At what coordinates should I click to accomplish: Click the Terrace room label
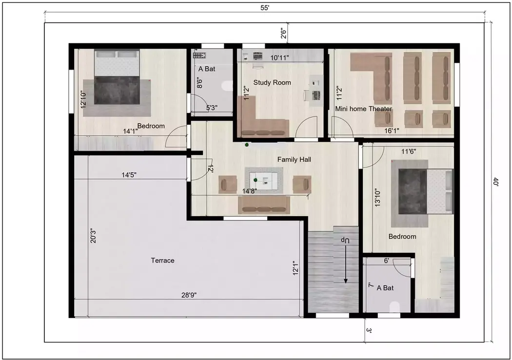click(x=162, y=261)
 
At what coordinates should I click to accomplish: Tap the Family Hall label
click(x=294, y=159)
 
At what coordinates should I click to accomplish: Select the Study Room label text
click(x=272, y=83)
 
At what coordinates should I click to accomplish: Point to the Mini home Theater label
click(x=363, y=109)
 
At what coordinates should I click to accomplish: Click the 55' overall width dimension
click(x=265, y=8)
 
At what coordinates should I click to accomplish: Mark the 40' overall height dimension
click(x=495, y=182)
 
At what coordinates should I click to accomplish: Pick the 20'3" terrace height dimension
click(x=93, y=236)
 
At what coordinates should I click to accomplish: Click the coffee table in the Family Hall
click(x=265, y=181)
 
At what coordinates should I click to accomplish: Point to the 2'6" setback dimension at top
click(x=283, y=34)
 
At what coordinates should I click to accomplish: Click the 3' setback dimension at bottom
click(x=369, y=330)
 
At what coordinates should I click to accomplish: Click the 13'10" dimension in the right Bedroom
click(x=376, y=198)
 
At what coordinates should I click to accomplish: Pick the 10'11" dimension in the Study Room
click(x=279, y=58)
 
